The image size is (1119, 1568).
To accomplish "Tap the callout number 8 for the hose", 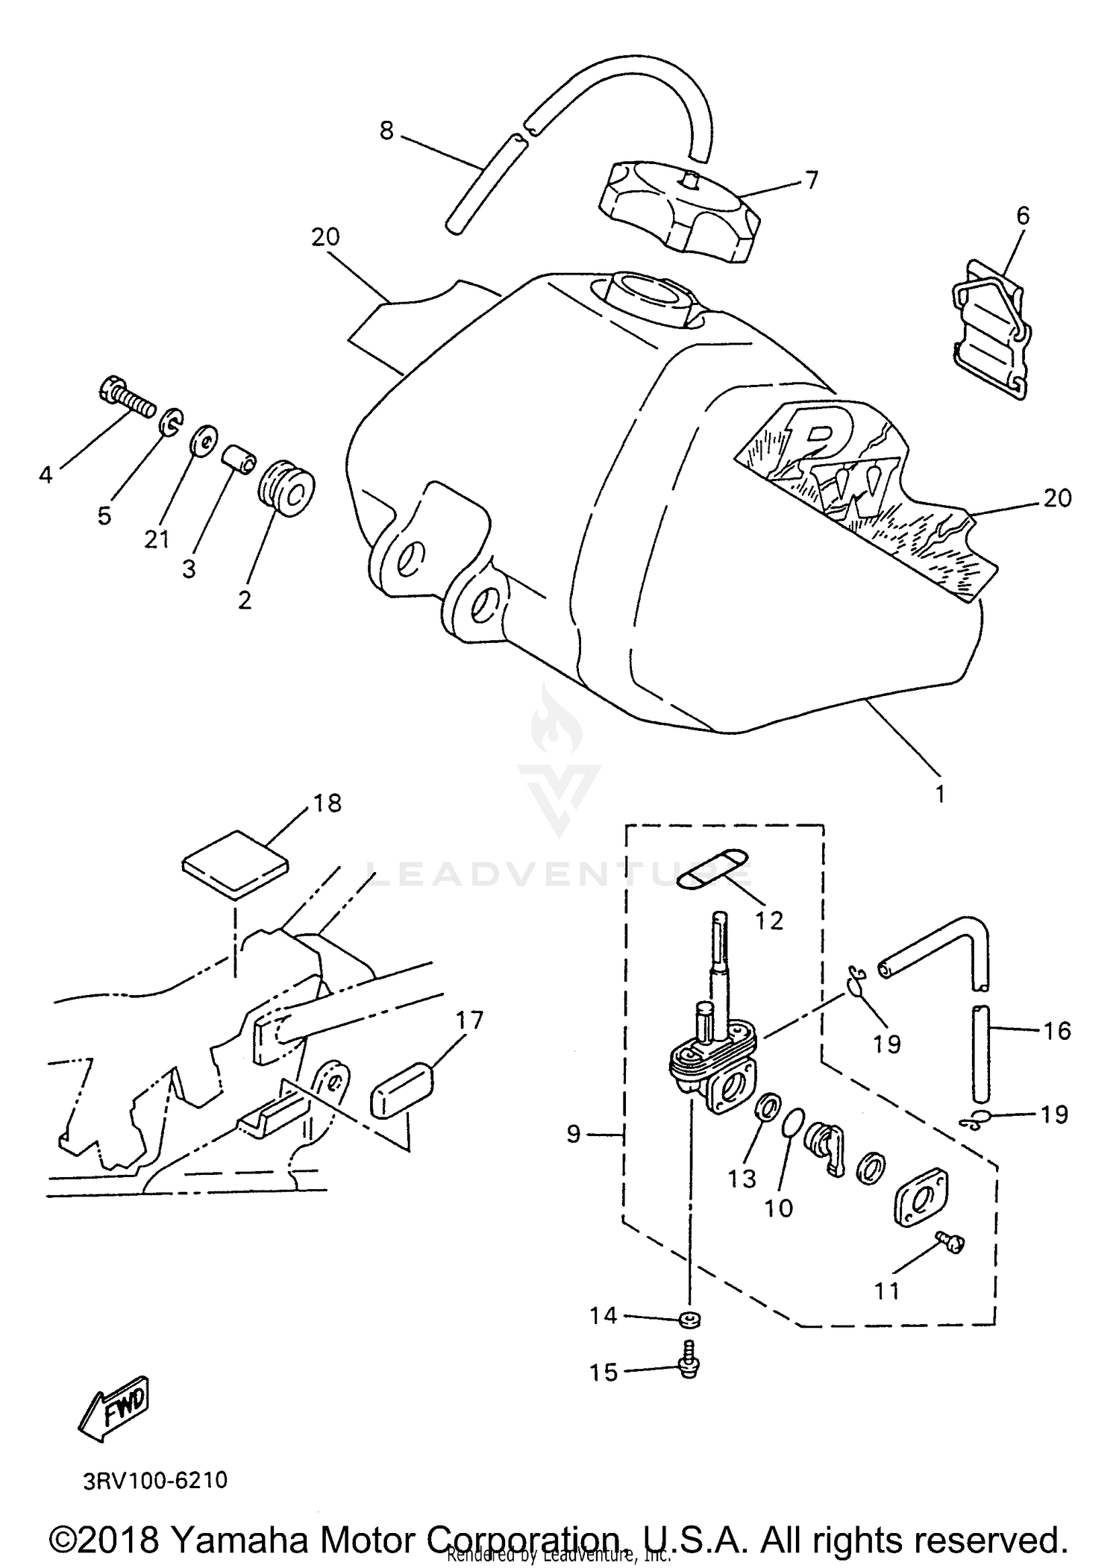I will pos(386,131).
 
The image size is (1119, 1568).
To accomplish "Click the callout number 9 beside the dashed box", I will pos(573,1135).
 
